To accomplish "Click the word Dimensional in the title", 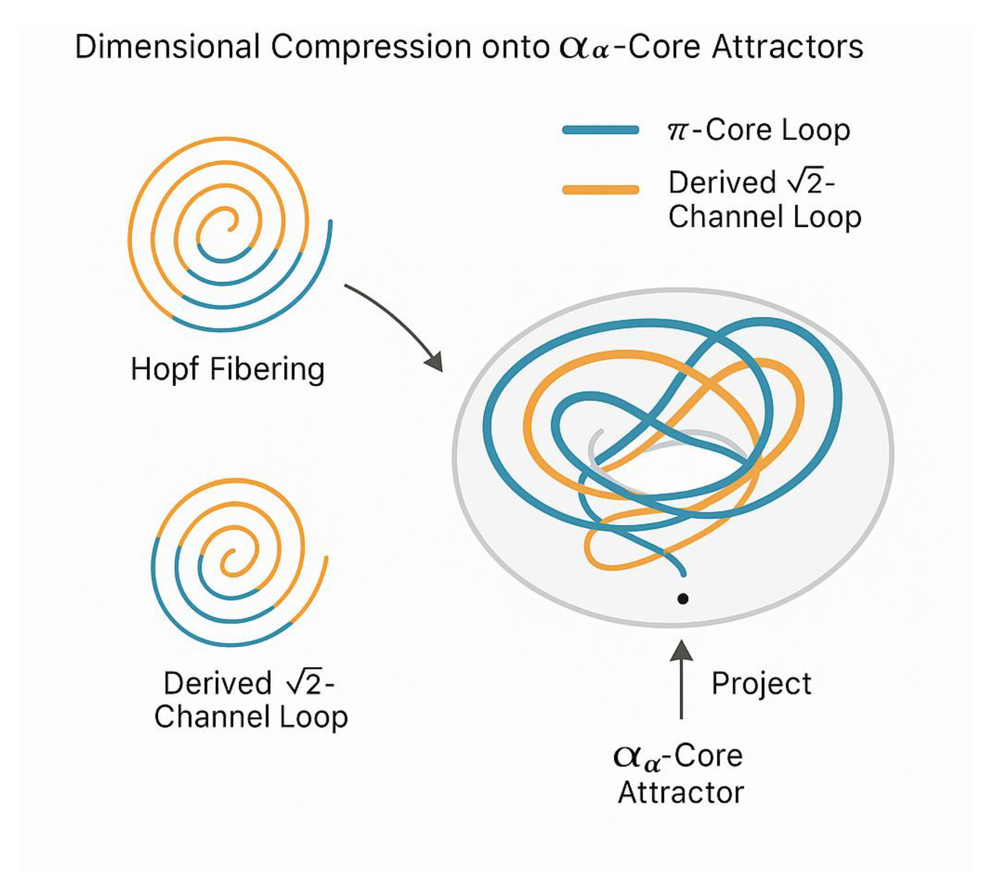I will click(x=167, y=47).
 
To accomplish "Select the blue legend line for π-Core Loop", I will click(x=600, y=130).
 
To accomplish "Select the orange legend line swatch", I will click(x=600, y=190).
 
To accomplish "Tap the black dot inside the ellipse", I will click(x=683, y=599).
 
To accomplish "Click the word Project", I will click(x=761, y=684).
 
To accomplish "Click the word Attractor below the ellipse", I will click(x=681, y=793).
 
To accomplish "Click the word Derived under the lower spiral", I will click(x=217, y=683).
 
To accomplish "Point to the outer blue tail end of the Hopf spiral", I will click(x=330, y=223).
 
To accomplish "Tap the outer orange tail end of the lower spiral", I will click(x=326, y=558).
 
